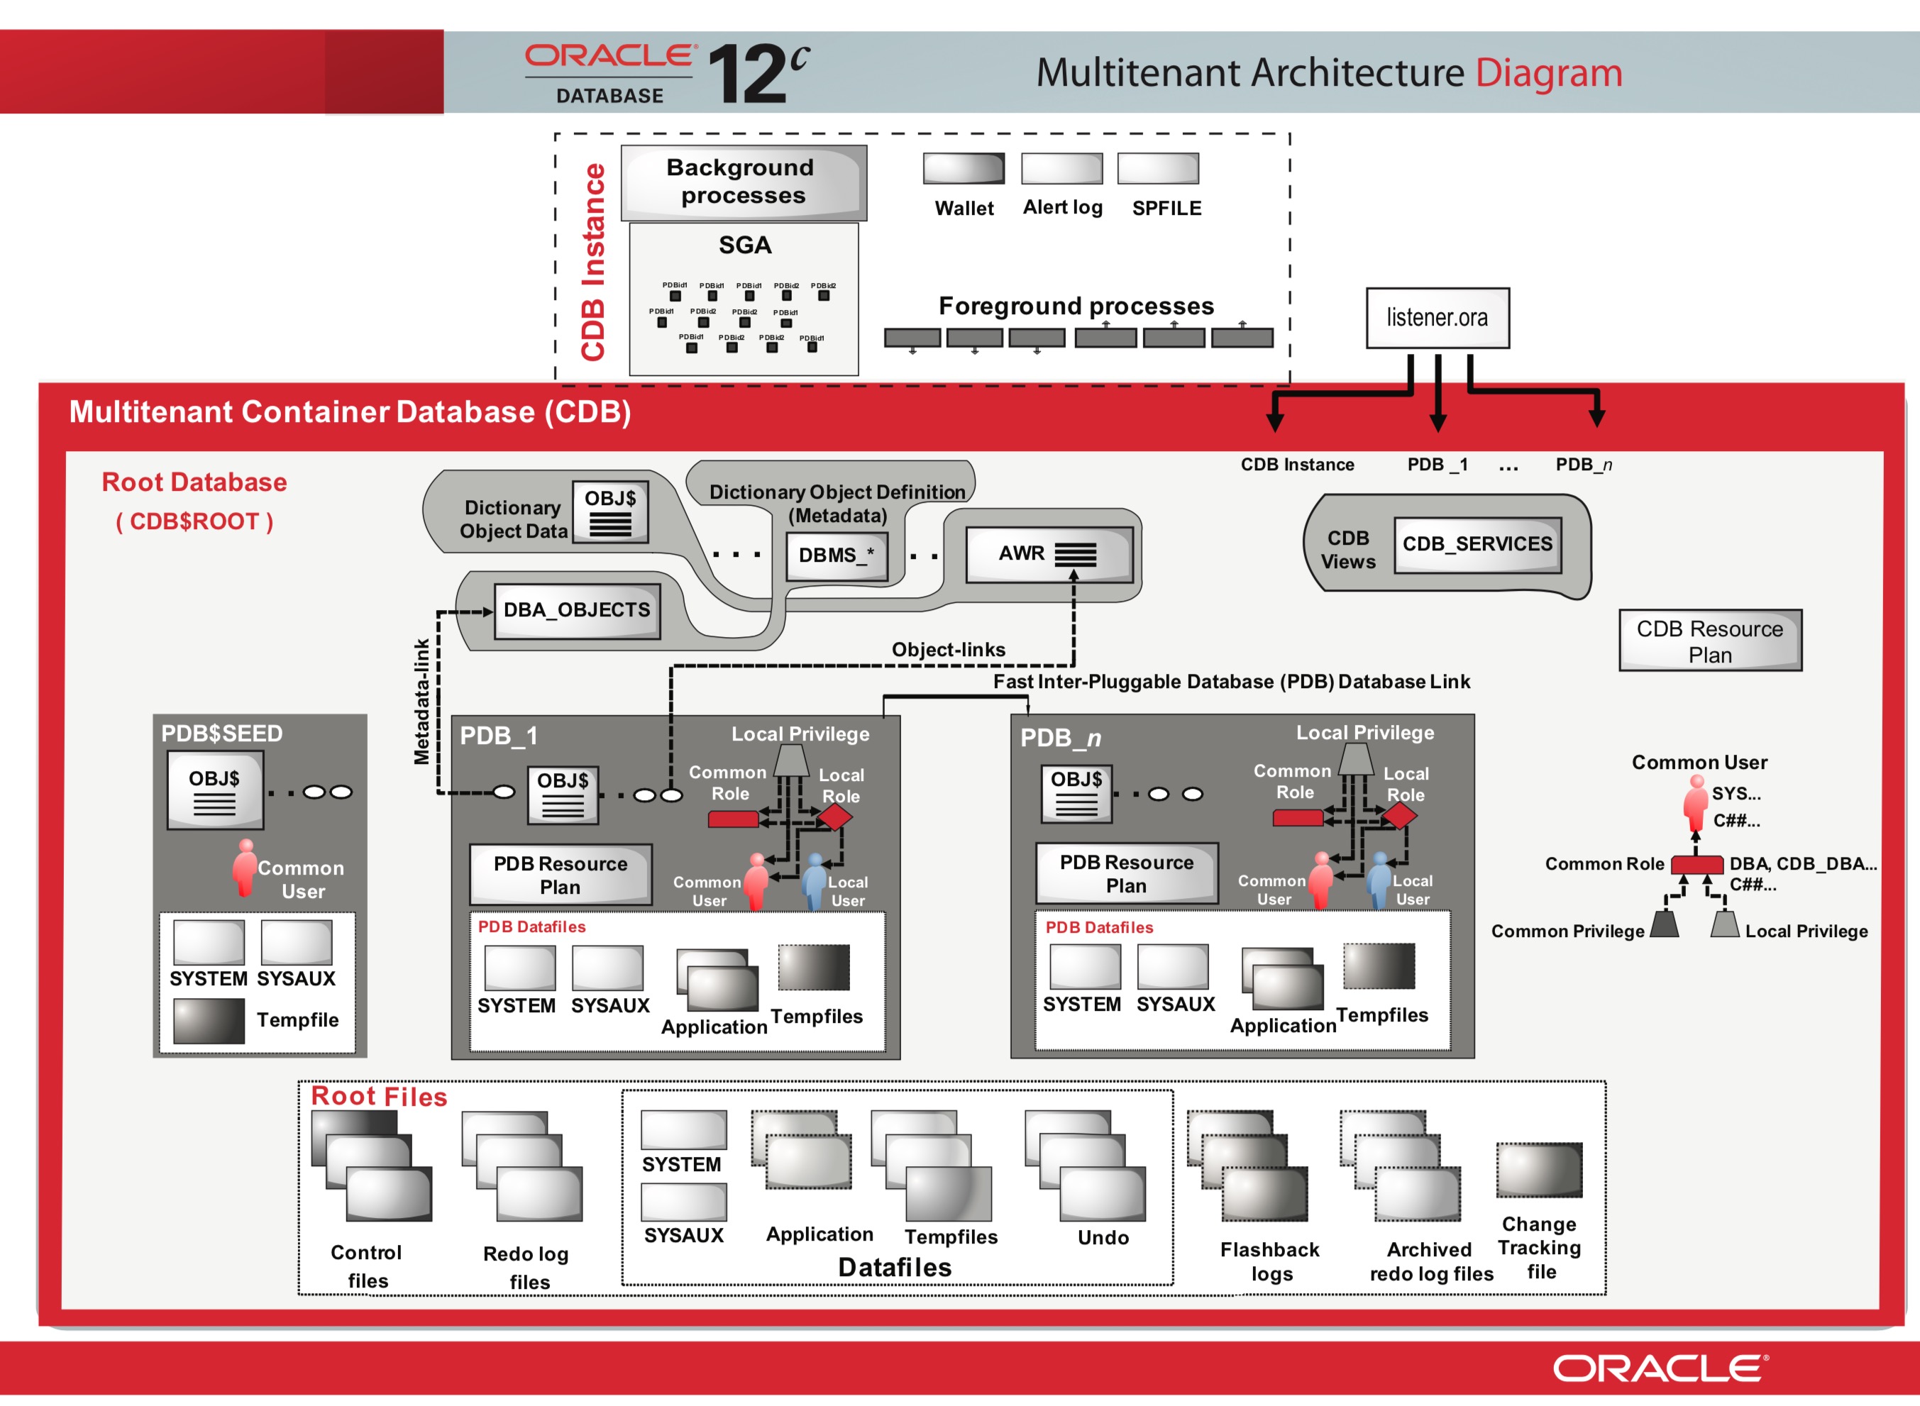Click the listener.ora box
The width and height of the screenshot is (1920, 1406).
pyautogui.click(x=1437, y=318)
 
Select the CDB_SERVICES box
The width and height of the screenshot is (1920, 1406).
pyautogui.click(x=1477, y=544)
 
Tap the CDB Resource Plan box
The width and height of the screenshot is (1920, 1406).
pyautogui.click(x=1709, y=641)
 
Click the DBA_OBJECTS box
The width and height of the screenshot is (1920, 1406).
pyautogui.click(x=576, y=610)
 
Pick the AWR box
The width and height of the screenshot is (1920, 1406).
pyautogui.click(x=1048, y=554)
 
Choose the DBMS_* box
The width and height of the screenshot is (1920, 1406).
pyautogui.click(x=836, y=555)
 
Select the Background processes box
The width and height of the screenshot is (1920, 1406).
pyautogui.click(x=742, y=182)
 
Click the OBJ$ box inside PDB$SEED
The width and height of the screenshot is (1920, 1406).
pyautogui.click(x=214, y=790)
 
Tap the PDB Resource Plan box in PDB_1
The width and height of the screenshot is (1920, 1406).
pyautogui.click(x=560, y=874)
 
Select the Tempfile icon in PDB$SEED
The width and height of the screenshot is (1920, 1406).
pyautogui.click(x=209, y=1021)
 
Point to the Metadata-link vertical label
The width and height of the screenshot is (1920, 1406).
pyautogui.click(x=421, y=702)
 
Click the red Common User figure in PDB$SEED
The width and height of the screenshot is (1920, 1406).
pyautogui.click(x=245, y=868)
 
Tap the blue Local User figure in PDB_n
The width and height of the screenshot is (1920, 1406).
pyautogui.click(x=1378, y=880)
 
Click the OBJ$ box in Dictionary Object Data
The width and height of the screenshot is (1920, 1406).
pyautogui.click(x=610, y=511)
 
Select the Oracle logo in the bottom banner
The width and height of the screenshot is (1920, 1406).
pyautogui.click(x=1659, y=1368)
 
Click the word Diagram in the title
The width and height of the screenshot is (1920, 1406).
pyautogui.click(x=1548, y=72)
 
